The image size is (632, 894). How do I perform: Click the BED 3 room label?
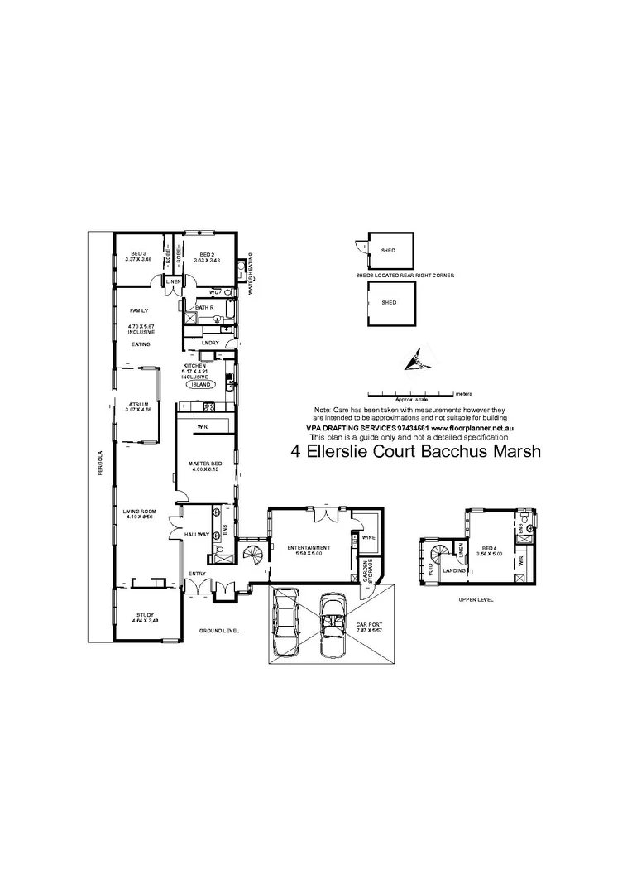coord(139,253)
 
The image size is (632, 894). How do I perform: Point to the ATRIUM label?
coord(138,405)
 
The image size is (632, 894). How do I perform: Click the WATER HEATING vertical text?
coord(251,273)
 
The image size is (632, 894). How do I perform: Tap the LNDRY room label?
coord(209,342)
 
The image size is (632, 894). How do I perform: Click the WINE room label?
coord(367,536)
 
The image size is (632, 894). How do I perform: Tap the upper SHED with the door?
coord(387,250)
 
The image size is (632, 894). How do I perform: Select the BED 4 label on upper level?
coord(489,548)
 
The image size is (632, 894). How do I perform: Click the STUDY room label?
coord(145,614)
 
